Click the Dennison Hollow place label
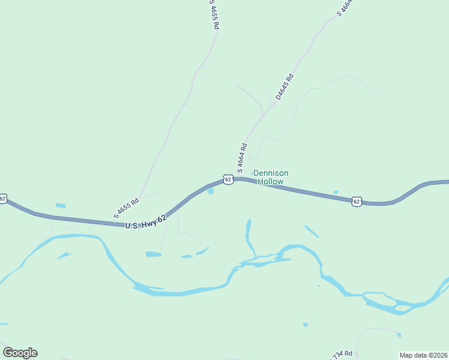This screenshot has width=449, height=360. [x=268, y=177]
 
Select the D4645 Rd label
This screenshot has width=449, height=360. [x=285, y=86]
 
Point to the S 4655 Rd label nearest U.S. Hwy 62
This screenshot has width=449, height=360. [x=126, y=208]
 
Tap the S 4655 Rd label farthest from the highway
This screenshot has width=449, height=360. [x=214, y=14]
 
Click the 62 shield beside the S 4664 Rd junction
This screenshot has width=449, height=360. [x=228, y=179]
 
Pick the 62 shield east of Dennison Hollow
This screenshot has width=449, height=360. [x=357, y=201]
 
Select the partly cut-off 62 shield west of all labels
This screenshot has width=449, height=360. [x=3, y=199]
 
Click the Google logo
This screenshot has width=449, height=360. [x=20, y=353]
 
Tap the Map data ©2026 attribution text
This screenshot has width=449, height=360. [x=423, y=355]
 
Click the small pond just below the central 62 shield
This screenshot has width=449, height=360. [x=210, y=191]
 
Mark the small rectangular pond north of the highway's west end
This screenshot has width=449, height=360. [x=61, y=206]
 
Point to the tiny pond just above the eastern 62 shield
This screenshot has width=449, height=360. [x=336, y=192]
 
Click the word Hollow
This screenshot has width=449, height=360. [x=271, y=181]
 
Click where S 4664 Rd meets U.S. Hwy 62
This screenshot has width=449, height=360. [x=236, y=178]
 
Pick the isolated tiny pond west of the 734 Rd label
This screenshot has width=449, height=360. [x=306, y=325]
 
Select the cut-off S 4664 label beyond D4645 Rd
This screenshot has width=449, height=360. [x=343, y=8]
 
